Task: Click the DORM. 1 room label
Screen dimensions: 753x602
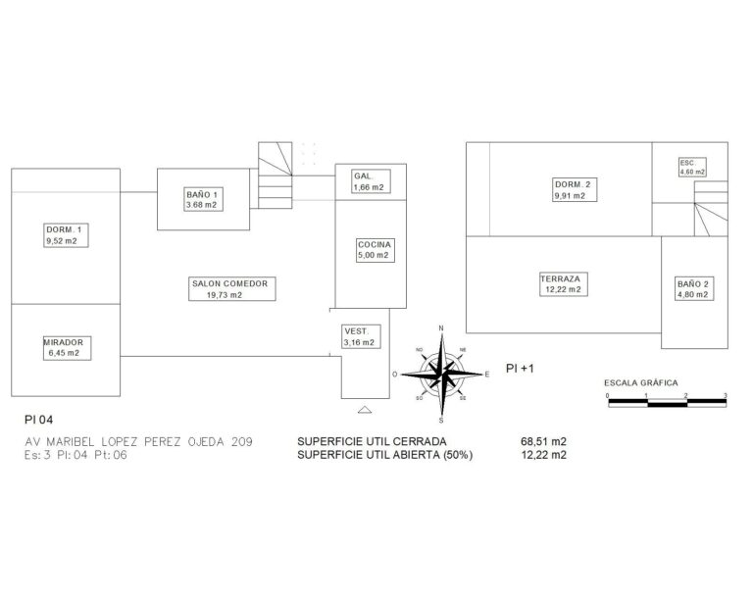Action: click(67, 235)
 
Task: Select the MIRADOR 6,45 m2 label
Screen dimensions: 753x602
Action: click(67, 348)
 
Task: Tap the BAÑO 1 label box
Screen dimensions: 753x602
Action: click(204, 200)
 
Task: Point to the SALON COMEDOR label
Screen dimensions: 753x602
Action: click(232, 289)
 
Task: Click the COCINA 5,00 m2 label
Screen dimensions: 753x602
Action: click(376, 250)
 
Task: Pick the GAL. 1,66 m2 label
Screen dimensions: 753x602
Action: click(370, 182)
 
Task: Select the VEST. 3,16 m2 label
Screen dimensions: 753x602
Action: click(360, 336)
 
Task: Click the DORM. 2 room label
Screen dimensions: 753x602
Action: click(575, 189)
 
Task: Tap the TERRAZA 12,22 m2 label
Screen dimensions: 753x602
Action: click(564, 284)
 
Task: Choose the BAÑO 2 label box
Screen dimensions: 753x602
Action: click(694, 289)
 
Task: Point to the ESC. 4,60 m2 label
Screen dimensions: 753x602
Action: click(692, 167)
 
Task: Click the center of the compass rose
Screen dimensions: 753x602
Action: click(442, 374)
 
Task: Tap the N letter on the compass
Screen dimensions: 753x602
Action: click(441, 328)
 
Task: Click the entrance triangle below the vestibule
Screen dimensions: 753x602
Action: click(365, 410)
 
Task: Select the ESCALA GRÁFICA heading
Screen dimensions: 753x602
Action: click(641, 383)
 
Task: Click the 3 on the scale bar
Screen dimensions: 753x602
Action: click(726, 395)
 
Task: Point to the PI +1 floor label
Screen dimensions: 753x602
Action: click(520, 369)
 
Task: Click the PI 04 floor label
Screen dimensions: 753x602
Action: click(39, 420)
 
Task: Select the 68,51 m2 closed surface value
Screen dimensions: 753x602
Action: click(543, 441)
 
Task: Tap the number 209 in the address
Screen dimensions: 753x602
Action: click(242, 441)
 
